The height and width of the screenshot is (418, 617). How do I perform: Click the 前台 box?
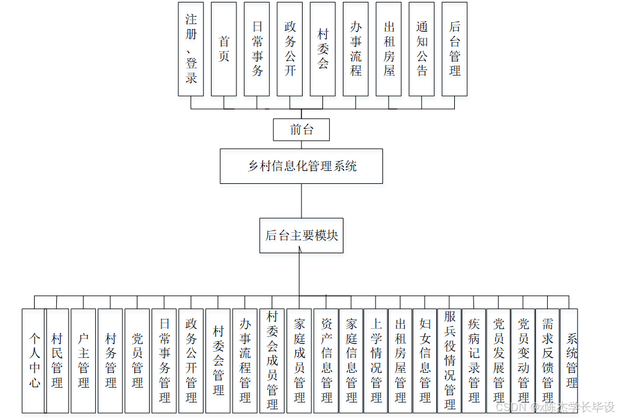(301, 130)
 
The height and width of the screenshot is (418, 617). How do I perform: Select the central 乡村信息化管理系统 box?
(301, 166)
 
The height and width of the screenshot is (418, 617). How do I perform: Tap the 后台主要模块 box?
(301, 235)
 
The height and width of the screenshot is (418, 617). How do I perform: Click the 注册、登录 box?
(191, 49)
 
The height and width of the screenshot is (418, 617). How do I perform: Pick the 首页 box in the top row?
(223, 49)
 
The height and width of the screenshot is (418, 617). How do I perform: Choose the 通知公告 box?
(421, 49)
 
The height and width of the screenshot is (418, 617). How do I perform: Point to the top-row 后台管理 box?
(454, 49)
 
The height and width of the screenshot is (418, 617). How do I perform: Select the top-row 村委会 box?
(322, 49)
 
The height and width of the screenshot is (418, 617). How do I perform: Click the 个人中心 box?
(33, 360)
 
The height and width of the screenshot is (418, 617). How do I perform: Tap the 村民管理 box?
(57, 360)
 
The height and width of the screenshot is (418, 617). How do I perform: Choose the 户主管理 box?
(84, 360)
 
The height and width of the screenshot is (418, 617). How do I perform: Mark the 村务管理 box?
(111, 360)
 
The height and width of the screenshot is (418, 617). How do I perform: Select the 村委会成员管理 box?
(272, 360)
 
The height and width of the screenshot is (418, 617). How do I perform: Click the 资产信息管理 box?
(327, 360)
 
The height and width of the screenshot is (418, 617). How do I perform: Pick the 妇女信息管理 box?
(425, 360)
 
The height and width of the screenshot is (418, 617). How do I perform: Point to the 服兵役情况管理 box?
(450, 360)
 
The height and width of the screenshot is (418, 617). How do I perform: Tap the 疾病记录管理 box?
(474, 360)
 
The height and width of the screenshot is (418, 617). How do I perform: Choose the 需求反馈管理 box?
(548, 360)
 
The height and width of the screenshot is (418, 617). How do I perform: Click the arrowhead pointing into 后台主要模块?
(300, 256)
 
